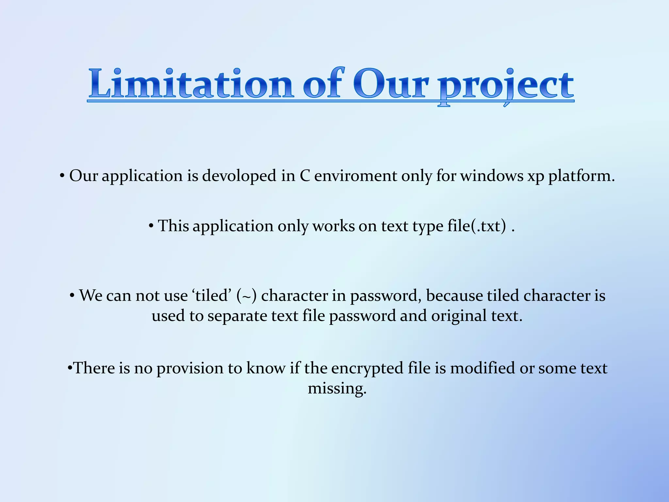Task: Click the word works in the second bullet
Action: (x=333, y=226)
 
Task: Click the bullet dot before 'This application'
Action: (x=151, y=226)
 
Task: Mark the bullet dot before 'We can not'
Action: (x=72, y=296)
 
